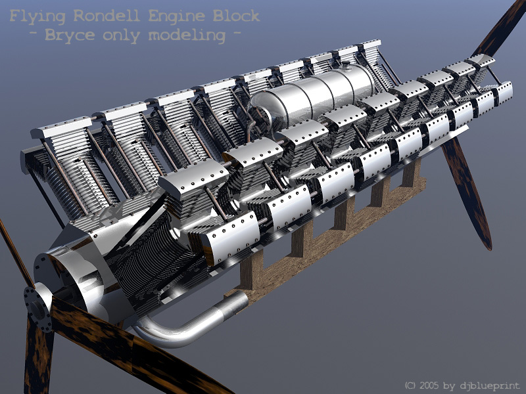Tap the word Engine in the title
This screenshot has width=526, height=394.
point(176,16)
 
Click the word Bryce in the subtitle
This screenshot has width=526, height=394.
point(70,35)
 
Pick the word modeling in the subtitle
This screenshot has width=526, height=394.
point(187,35)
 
